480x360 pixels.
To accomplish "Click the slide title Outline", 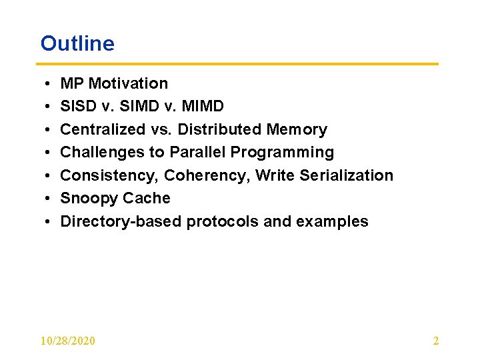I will [x=77, y=43].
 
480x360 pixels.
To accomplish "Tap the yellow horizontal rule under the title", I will [x=239, y=64].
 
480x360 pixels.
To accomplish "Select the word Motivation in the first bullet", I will [x=128, y=83].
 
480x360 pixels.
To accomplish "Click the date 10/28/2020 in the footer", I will [x=67, y=341].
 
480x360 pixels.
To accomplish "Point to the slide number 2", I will [x=436, y=341].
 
